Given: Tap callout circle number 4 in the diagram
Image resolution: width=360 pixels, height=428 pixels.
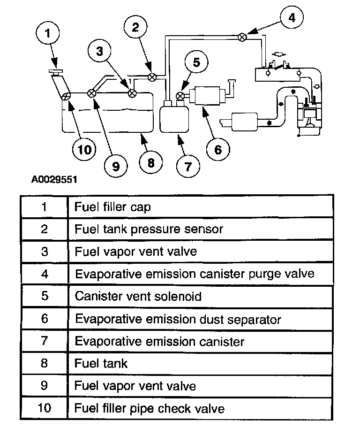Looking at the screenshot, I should [x=292, y=18].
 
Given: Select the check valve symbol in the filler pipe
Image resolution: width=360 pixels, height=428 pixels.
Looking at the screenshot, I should [x=66, y=95].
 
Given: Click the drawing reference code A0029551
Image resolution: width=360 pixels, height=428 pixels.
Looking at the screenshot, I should [x=54, y=179].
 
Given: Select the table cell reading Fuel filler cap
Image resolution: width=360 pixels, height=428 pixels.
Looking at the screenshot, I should [x=112, y=206].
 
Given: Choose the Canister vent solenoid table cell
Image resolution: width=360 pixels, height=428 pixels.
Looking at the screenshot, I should [x=138, y=297].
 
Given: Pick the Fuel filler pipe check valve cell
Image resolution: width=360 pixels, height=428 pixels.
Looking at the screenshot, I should [x=150, y=408].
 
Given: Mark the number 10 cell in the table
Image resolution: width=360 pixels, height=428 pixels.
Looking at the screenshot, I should [x=45, y=408].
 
